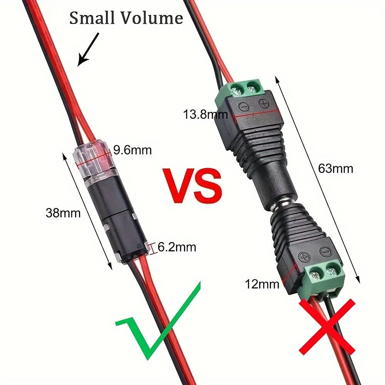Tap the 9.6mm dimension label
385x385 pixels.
132,150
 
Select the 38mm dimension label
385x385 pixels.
63,213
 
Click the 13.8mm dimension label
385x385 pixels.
205,114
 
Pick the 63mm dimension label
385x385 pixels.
336,169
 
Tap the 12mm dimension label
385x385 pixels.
262,285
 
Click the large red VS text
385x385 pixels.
193,186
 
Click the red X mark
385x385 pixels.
327,325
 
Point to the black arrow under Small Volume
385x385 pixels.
88,50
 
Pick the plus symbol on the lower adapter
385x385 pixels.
304,257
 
